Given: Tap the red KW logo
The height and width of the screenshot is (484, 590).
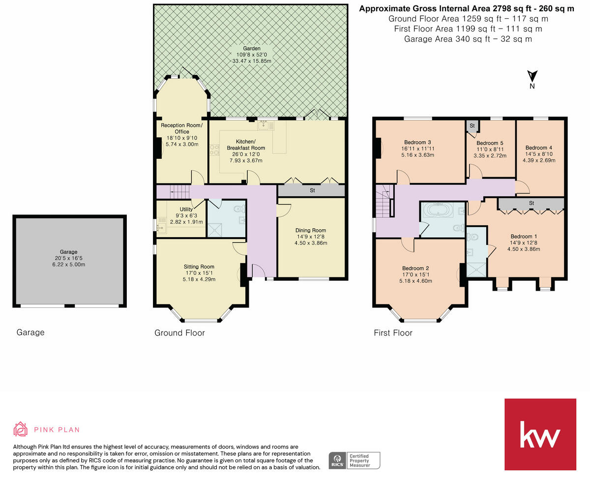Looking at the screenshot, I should click(x=540, y=434).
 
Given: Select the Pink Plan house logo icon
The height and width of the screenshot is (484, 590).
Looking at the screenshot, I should click(x=20, y=429).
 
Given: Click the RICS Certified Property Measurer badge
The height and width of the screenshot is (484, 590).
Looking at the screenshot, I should click(x=354, y=460).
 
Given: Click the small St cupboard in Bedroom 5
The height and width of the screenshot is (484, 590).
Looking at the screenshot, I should click(x=472, y=126).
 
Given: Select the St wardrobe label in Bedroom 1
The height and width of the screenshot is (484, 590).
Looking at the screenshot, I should click(x=531, y=203).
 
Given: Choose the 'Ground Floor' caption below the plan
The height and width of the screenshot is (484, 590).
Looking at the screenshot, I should click(x=179, y=333).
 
